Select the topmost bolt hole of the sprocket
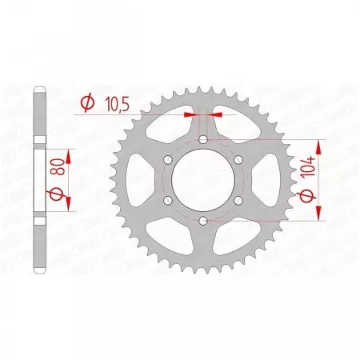point(203,140)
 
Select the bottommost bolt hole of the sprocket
point(203,219)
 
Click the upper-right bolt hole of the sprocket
point(238,159)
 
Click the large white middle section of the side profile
point(40,179)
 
